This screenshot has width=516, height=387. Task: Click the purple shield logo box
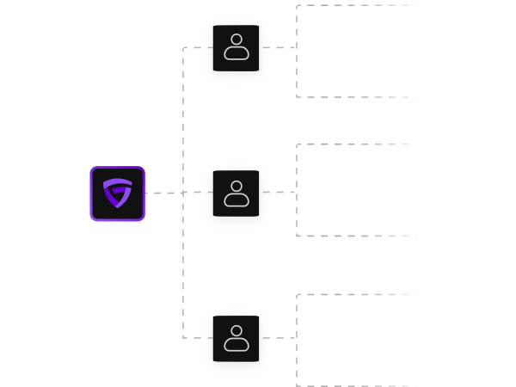click(118, 193)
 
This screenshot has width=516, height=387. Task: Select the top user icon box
click(236, 48)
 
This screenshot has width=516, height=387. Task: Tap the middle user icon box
click(236, 193)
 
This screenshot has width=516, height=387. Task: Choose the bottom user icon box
click(236, 338)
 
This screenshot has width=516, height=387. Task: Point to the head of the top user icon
click(236, 40)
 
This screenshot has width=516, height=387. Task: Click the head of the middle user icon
click(236, 186)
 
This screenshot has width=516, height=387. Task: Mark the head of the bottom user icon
click(236, 330)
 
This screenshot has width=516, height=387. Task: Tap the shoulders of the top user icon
click(236, 54)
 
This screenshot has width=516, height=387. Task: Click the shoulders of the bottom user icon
click(236, 345)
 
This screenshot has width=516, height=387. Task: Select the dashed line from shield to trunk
click(163, 193)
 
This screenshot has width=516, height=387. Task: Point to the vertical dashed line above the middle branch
click(183, 120)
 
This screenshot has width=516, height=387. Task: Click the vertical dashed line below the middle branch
click(183, 267)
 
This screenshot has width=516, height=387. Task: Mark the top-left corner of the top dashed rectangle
click(297, 6)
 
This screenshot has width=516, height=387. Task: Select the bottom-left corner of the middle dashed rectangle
click(297, 236)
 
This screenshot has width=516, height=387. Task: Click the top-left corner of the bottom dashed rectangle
click(297, 295)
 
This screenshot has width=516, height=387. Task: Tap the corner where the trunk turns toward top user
click(183, 48)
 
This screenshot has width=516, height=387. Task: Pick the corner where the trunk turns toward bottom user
click(183, 338)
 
